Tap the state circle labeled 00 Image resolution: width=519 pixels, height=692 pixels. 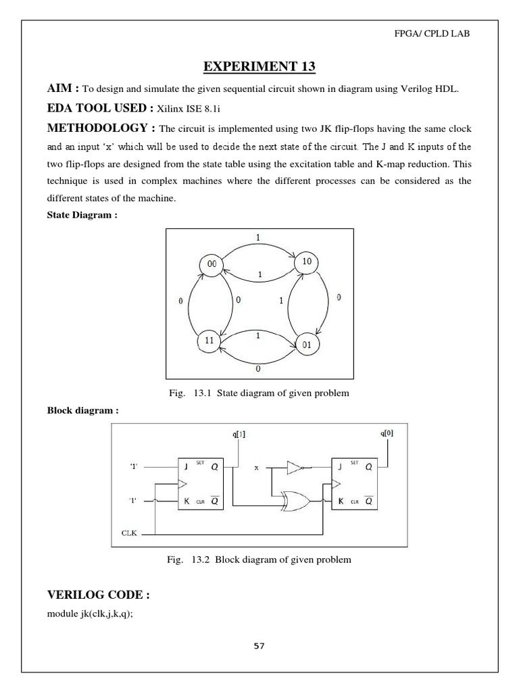[212, 266]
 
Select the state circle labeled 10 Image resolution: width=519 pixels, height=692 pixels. [306, 262]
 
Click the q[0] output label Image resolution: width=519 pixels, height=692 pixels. [387, 433]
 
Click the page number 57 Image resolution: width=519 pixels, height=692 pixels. [259, 645]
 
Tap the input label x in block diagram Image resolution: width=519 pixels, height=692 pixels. [257, 467]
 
